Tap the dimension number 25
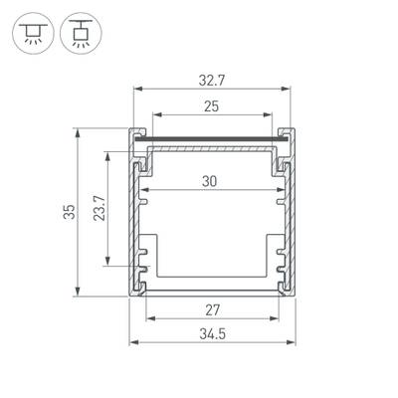click(210, 105)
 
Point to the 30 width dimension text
click(210, 180)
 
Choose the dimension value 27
click(210, 309)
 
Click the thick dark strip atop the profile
click(211, 137)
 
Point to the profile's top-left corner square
click(135, 132)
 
